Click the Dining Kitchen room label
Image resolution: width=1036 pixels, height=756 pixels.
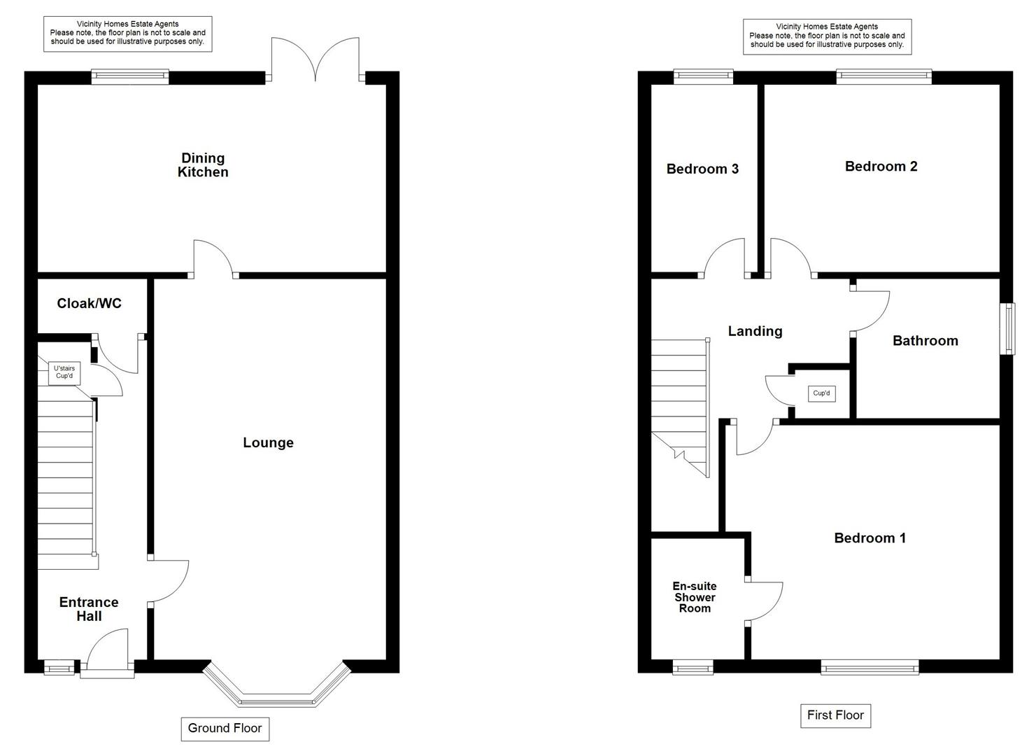click(x=203, y=165)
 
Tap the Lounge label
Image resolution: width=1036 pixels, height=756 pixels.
click(x=268, y=443)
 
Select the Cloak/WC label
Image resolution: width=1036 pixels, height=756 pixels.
click(x=89, y=303)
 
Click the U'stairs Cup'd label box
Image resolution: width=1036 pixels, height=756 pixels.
click(x=64, y=372)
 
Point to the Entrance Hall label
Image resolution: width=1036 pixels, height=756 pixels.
click(x=89, y=609)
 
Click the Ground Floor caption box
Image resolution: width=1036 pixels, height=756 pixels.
click(x=225, y=728)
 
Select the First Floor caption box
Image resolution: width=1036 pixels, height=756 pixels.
click(x=835, y=715)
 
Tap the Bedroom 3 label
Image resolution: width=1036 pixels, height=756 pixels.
click(x=702, y=169)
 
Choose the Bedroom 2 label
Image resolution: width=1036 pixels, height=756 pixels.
click(x=881, y=167)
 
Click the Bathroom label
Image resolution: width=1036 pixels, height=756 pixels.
click(x=925, y=341)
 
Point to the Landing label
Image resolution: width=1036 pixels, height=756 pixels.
click(x=755, y=331)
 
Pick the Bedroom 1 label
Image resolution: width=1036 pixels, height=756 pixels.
click(x=870, y=538)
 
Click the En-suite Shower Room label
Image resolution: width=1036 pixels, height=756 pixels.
click(x=695, y=597)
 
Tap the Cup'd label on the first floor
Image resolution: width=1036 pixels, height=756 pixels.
click(x=821, y=393)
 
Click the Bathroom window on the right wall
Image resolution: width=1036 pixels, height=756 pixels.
click(x=1007, y=328)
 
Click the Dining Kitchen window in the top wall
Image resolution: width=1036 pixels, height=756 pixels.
click(x=130, y=77)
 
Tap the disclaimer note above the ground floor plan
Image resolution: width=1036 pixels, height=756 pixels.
click(x=127, y=33)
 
